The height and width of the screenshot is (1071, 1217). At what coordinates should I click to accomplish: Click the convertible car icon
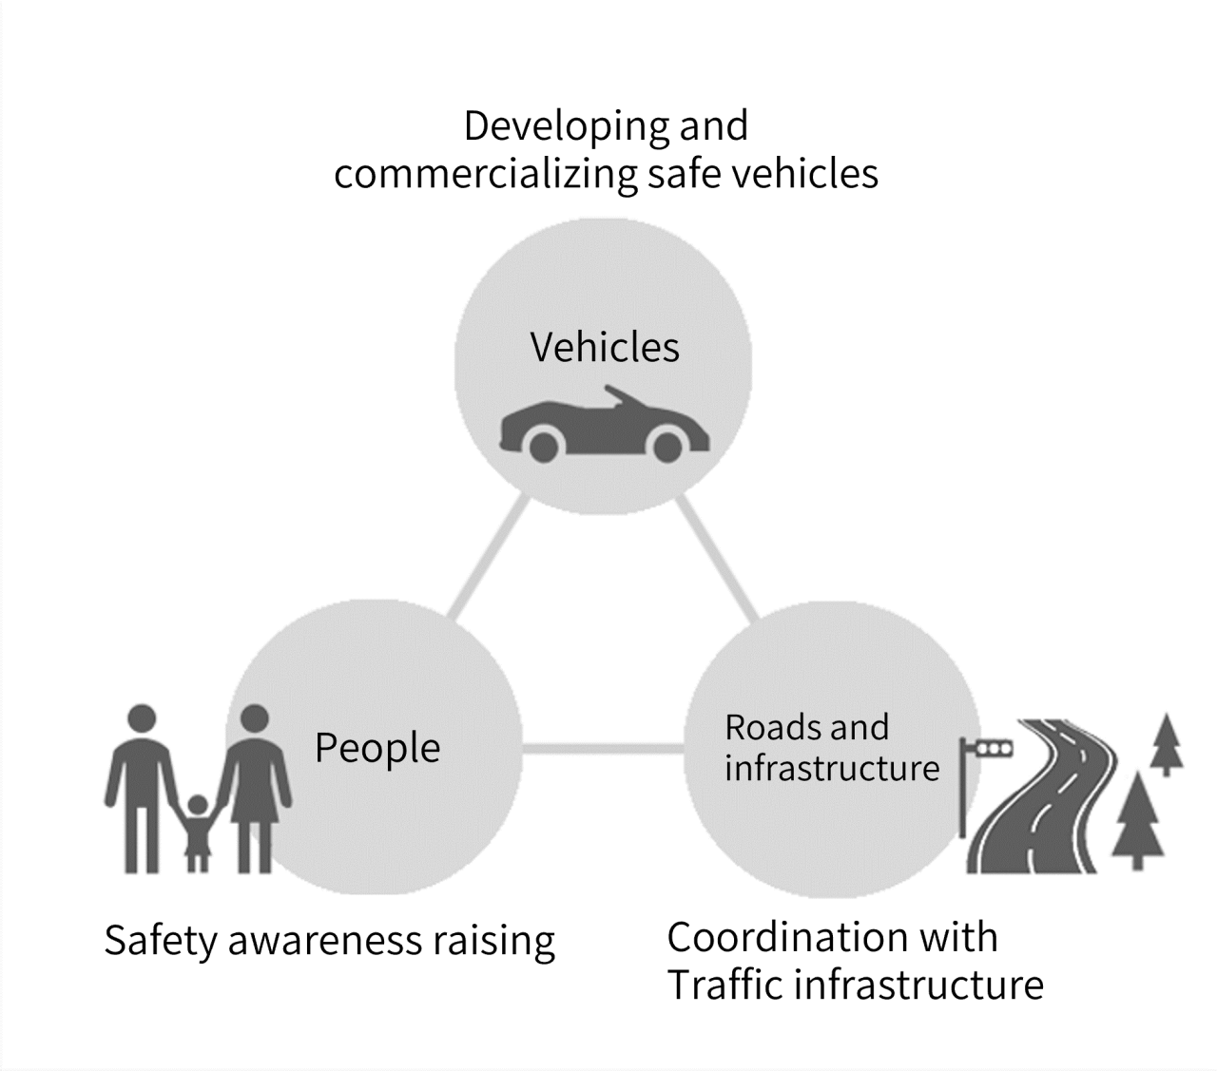pos(604,428)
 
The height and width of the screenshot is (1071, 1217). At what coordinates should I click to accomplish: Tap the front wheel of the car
pos(668,445)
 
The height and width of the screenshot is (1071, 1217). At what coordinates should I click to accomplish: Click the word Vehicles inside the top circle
pos(605,348)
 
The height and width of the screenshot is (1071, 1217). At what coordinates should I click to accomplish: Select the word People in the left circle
pos(377,749)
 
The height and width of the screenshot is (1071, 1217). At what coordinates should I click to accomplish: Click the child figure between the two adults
pos(197,832)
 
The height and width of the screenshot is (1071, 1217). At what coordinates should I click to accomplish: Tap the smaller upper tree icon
pos(1166,742)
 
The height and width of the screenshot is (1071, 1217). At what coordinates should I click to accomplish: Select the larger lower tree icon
pos(1135,817)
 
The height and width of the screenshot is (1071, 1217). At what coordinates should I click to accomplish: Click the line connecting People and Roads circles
pos(603,750)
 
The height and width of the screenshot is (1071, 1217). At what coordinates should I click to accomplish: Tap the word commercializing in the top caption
pos(485,175)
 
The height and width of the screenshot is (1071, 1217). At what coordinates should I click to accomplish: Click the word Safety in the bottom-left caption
pos(161,942)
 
